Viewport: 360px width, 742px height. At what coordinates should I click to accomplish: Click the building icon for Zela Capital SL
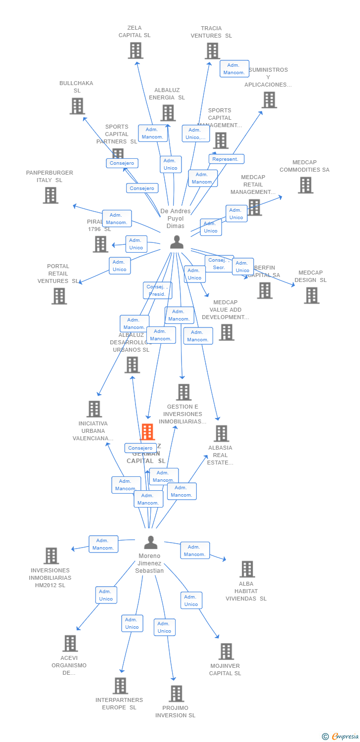click(135, 50)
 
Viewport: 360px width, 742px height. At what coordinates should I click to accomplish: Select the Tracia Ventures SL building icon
click(212, 51)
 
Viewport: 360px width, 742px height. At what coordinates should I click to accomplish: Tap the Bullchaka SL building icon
click(77, 106)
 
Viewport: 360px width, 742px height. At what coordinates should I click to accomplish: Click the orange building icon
click(147, 432)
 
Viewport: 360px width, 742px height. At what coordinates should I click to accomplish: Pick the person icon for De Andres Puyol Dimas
click(177, 242)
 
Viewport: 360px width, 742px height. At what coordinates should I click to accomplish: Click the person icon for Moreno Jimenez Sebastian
click(150, 542)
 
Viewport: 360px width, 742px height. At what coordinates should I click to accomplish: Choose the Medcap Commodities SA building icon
click(306, 185)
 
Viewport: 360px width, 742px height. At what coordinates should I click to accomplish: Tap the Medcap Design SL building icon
click(312, 295)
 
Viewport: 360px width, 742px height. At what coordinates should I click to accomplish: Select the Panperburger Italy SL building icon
click(50, 195)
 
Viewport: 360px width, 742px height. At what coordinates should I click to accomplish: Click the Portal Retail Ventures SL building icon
click(59, 296)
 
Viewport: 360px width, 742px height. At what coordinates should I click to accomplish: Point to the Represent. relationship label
click(226, 159)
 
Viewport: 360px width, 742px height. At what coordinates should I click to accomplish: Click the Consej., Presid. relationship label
click(158, 290)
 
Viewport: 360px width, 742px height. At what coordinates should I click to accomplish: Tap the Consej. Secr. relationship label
click(218, 264)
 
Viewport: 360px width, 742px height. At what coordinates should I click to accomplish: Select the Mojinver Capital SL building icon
click(226, 651)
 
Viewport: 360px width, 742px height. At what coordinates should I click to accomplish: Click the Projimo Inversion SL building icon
click(176, 694)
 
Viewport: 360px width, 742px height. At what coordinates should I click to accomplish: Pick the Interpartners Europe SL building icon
click(120, 686)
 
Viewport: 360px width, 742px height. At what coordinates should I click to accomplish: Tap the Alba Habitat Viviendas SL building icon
click(247, 569)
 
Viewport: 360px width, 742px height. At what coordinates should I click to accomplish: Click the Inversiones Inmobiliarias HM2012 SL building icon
click(51, 556)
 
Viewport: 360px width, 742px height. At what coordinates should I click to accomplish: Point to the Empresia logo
click(341, 737)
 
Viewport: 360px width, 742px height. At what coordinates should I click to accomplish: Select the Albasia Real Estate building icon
click(221, 433)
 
